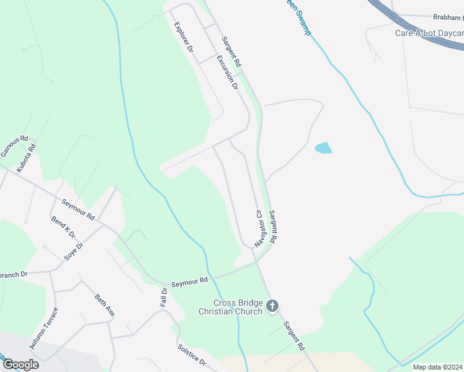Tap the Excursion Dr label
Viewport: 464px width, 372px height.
point(228,73)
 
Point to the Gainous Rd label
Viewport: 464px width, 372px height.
point(16,148)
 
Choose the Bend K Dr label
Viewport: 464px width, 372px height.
point(63,227)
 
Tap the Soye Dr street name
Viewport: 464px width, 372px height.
point(74,252)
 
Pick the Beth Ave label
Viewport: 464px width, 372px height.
point(104,305)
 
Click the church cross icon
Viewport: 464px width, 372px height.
point(272,306)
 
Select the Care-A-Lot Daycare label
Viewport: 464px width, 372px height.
point(429,33)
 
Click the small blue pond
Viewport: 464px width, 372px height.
point(323,148)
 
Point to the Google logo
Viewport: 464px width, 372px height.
point(20,365)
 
